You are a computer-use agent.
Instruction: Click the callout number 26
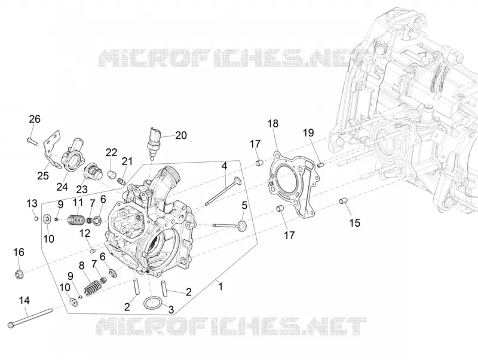point(35,118)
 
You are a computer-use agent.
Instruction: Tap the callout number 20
point(181,135)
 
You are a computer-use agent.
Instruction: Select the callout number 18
point(273,124)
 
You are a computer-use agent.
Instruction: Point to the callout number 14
point(24,301)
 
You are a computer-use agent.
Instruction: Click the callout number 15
point(354,222)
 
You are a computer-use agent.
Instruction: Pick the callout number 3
point(171,310)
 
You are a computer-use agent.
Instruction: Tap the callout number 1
point(220,287)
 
